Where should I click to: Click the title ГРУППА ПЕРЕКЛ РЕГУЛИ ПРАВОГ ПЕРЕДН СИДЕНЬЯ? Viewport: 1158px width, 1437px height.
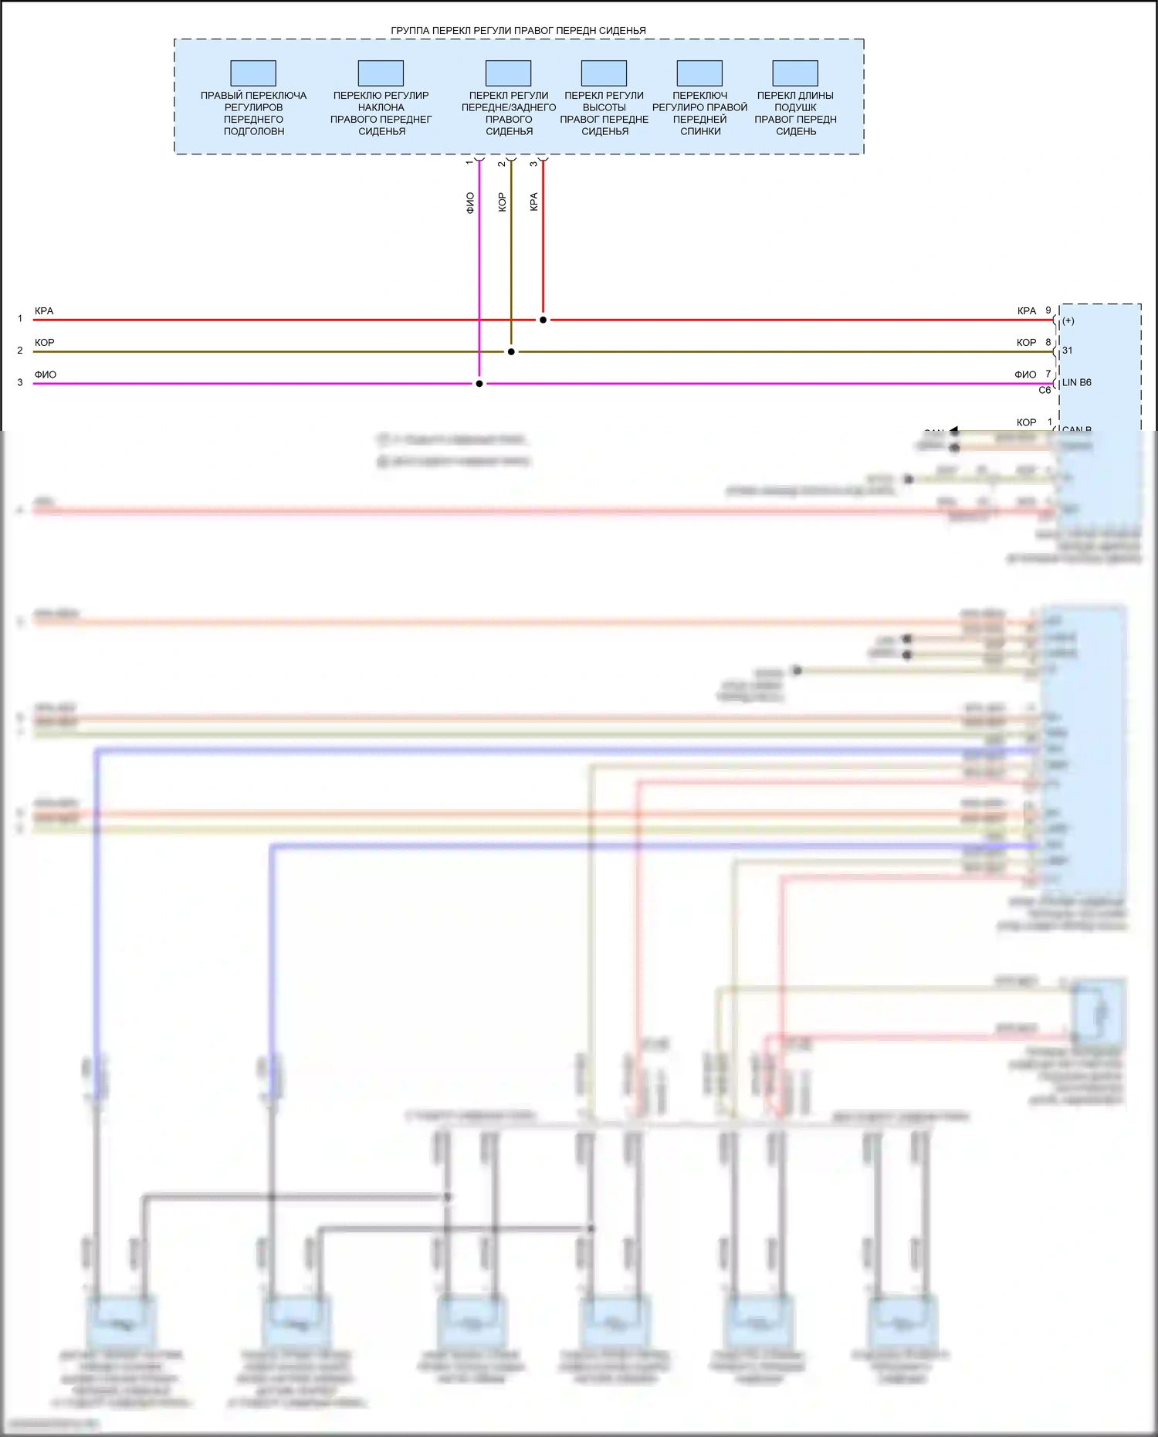(518, 31)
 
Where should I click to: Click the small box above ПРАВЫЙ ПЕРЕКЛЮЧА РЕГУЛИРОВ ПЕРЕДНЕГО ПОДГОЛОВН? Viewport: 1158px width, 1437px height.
(253, 73)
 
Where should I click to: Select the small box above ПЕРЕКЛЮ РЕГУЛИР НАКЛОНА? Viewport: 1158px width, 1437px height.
(381, 73)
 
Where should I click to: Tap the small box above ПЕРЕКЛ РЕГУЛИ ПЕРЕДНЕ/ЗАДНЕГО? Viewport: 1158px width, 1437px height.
(508, 73)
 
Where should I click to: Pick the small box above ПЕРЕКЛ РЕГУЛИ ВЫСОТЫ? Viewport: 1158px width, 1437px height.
(604, 73)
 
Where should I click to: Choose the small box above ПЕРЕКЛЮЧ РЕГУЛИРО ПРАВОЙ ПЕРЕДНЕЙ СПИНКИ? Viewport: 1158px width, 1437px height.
(699, 73)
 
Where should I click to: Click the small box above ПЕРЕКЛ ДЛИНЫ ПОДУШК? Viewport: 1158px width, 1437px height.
(795, 73)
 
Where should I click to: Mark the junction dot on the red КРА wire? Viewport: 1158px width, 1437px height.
(543, 320)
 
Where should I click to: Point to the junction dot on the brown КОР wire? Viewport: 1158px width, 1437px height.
(511, 351)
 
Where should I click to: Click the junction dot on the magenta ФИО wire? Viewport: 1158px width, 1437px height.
(479, 384)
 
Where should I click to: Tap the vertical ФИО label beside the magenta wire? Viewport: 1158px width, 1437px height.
(470, 203)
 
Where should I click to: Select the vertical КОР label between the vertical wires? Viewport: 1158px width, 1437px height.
(502, 202)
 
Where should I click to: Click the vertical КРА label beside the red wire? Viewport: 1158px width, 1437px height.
(533, 202)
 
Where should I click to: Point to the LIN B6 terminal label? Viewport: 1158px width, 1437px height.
(1076, 383)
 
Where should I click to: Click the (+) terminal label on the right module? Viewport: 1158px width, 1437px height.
(1068, 320)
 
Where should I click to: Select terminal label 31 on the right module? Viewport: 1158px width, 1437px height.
(1068, 351)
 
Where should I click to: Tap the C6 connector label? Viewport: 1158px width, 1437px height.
(1045, 391)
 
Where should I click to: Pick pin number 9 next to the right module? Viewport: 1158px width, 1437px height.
(1048, 310)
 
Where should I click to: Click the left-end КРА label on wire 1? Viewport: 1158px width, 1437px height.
(44, 311)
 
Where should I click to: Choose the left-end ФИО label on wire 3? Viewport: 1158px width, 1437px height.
(46, 375)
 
